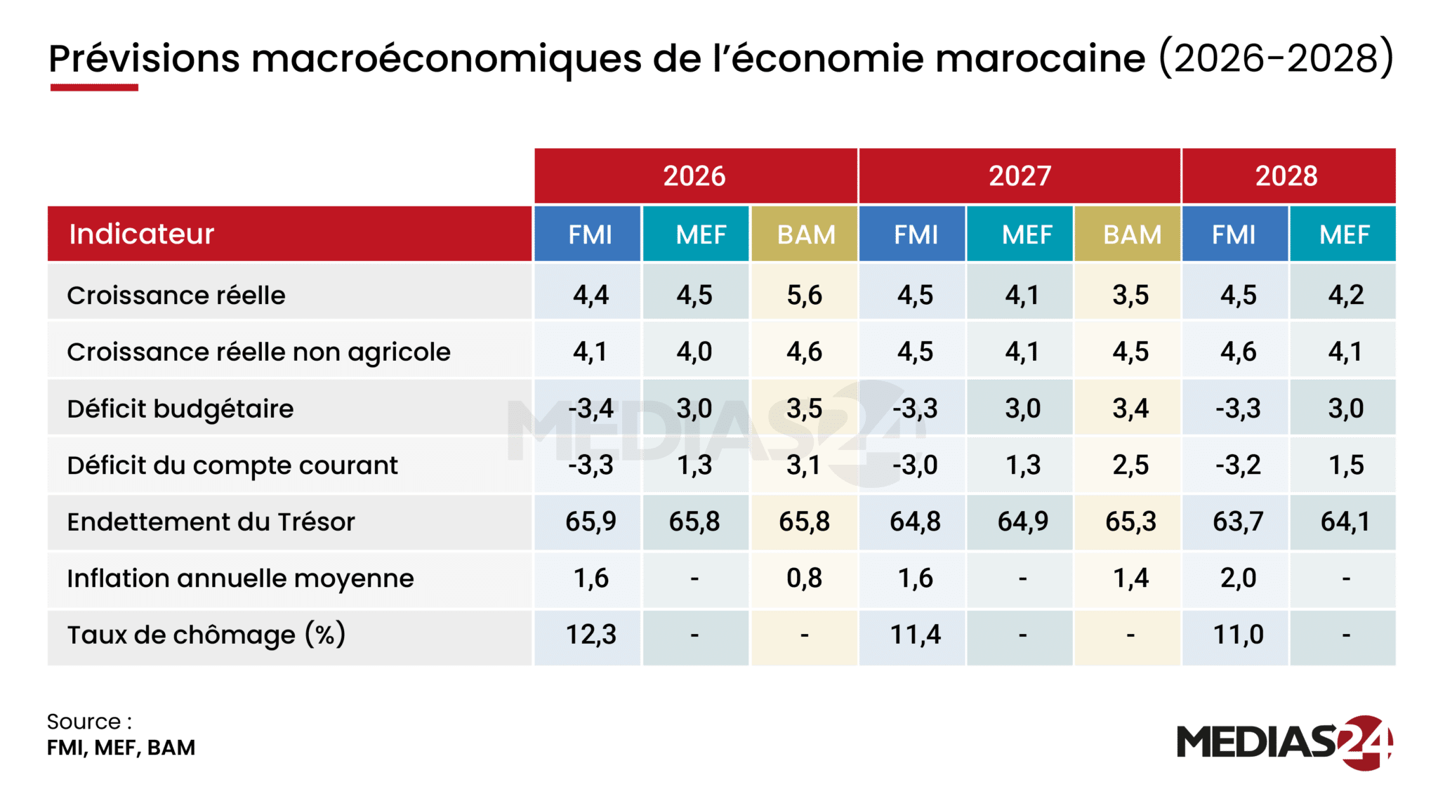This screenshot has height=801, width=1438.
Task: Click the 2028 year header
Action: click(x=1287, y=176)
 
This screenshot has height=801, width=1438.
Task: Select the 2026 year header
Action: click(x=694, y=176)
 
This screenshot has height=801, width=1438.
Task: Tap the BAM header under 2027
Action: click(x=1131, y=234)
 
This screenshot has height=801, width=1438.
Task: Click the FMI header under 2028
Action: click(x=1234, y=234)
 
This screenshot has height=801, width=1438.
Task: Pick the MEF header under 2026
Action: click(x=700, y=234)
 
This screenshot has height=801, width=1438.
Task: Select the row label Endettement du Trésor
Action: click(x=211, y=522)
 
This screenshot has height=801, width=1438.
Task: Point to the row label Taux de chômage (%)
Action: click(x=206, y=635)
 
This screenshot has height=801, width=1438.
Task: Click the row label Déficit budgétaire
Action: click(x=180, y=409)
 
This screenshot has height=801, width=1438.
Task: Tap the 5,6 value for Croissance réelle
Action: click(x=804, y=296)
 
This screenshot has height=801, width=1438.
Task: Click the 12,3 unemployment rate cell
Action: click(x=591, y=635)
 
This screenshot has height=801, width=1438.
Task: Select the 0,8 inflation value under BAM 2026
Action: click(x=804, y=578)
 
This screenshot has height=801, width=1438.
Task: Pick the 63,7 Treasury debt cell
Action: click(x=1237, y=522)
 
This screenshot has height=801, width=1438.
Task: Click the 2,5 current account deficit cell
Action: click(x=1130, y=465)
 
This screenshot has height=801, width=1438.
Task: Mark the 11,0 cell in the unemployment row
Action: click(x=1237, y=635)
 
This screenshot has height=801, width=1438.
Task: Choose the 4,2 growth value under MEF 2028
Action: click(x=1345, y=296)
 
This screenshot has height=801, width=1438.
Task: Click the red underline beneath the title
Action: click(x=93, y=88)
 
